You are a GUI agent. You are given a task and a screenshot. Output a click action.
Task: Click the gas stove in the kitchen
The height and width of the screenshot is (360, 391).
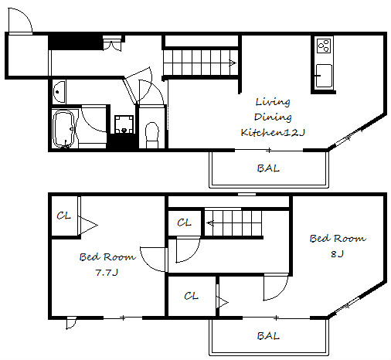coord(324,46)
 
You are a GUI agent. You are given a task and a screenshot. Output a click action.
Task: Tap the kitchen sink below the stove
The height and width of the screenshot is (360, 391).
coord(324,76)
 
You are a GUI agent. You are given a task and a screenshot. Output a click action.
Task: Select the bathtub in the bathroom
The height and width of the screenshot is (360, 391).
coord(63,129)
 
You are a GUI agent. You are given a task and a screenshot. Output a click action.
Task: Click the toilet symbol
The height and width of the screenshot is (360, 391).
coord(152,135)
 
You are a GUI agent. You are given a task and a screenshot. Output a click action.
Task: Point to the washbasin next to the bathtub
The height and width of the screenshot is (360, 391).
coord(59,92)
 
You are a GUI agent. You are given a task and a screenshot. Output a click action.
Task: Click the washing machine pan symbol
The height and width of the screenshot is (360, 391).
coord(124,124)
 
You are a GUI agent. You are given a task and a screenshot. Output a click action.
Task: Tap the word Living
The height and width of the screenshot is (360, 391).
coord(273,102)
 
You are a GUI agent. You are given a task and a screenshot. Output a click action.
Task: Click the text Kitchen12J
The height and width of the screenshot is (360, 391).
coord(273,132)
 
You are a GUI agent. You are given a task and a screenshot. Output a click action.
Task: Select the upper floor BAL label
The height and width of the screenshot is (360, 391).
coord(268,168)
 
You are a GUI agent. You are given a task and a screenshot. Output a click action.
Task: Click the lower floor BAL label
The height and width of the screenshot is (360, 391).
coord(268,336)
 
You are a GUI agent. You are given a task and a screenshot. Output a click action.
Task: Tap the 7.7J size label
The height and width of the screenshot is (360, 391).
coord(107,272)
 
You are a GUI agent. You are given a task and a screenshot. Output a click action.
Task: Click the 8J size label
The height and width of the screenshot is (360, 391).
coord(337,254)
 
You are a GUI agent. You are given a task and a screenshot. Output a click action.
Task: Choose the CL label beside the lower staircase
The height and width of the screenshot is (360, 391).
coord(184,222)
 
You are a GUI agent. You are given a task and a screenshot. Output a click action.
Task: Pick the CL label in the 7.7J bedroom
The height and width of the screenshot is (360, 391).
coord(63,216)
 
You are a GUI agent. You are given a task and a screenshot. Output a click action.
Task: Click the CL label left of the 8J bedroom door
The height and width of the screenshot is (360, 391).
coord(191,296)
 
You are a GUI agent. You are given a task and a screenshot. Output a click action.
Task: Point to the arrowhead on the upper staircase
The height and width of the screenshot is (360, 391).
coord(233,63)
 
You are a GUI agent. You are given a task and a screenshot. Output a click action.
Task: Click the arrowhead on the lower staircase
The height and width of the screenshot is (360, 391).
coord(210,222)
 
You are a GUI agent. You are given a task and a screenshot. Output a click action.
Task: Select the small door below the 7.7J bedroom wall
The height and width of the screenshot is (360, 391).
coord(71,324)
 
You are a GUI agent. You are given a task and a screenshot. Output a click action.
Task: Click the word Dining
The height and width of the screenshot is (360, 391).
coord(273,117)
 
